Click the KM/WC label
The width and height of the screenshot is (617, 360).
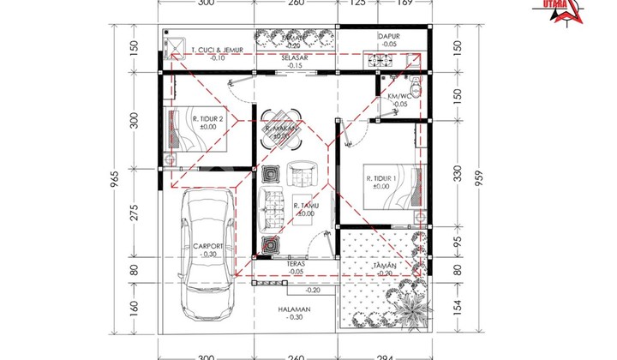(396, 97)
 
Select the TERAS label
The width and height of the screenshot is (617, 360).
(296, 265)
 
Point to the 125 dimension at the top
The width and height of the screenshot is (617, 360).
(358, 3)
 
